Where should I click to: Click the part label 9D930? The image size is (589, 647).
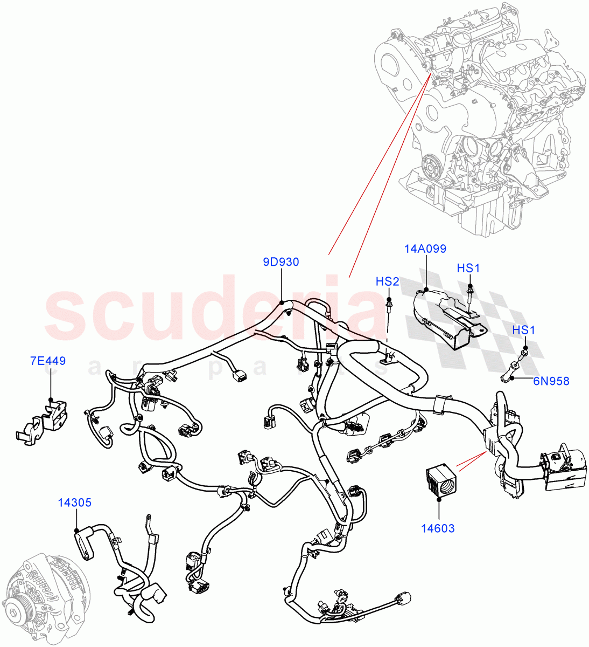[x=281, y=263]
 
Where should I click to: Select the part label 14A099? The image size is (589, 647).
[x=425, y=249]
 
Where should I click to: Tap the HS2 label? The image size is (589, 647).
[x=387, y=281]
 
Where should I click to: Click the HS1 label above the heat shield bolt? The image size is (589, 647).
[x=468, y=268]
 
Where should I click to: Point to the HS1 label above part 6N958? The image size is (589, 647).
[x=523, y=330]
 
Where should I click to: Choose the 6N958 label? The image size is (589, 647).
[x=551, y=381]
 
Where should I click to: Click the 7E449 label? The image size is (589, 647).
[x=48, y=361]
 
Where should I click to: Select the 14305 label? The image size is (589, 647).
[x=75, y=503]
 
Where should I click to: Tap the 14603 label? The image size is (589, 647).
[x=439, y=528]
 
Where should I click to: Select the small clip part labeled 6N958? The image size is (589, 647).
[x=511, y=373]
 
